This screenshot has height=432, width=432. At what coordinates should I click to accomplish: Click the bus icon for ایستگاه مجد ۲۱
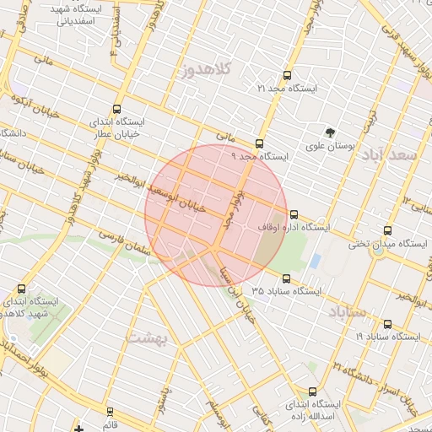click(x=288, y=75)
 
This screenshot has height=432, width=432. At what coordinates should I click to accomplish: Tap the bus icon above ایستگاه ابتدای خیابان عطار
click(x=116, y=108)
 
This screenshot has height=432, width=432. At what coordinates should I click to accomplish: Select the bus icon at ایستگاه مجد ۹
click(x=258, y=143)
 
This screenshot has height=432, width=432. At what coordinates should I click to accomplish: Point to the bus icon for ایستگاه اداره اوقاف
click(x=293, y=214)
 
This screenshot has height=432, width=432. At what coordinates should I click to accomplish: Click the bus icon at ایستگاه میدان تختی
click(x=387, y=230)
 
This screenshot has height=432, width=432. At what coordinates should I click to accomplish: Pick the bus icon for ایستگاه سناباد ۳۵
click(x=286, y=278)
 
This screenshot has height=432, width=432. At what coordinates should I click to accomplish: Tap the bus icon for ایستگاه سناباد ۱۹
click(x=387, y=323)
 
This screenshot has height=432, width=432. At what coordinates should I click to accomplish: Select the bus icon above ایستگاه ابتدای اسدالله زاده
click(x=313, y=391)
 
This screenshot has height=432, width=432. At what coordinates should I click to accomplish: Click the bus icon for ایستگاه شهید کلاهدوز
click(x=21, y=288)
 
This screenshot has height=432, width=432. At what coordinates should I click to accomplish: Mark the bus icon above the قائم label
click(x=110, y=412)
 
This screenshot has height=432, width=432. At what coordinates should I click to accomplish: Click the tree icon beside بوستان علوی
click(x=330, y=132)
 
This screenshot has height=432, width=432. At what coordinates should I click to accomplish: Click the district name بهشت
click(x=148, y=337)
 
